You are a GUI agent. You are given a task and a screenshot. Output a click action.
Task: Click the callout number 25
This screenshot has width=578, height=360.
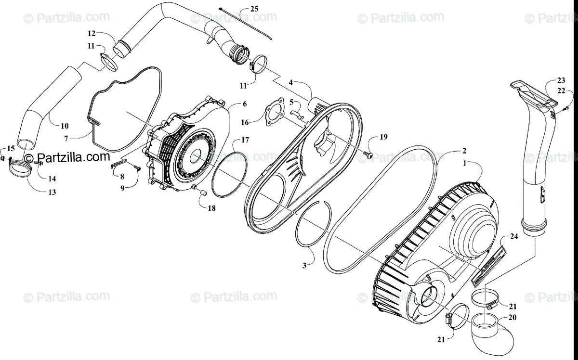254,9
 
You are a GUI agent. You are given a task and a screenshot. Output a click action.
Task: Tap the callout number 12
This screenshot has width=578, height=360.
92,33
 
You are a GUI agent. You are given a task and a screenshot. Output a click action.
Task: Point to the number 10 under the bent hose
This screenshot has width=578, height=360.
65,126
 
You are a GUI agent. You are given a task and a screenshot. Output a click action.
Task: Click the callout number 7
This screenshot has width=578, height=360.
68,138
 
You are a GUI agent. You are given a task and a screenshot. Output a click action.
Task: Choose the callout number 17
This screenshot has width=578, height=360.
245,141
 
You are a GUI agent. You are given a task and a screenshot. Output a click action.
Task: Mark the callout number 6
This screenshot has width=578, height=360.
244,104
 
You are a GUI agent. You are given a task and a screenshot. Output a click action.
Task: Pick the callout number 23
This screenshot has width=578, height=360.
561,81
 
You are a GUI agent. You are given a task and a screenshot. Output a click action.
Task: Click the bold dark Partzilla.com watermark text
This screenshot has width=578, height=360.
67,157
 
